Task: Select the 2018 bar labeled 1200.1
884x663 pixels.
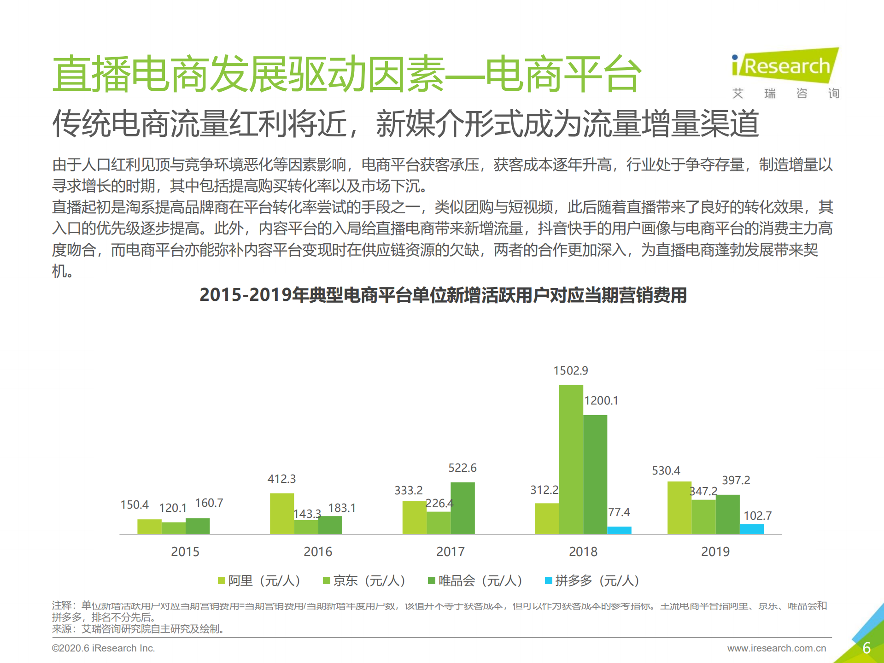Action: pos(595,474)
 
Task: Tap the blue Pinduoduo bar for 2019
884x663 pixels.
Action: pos(751,529)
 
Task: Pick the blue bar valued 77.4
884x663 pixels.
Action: pos(619,530)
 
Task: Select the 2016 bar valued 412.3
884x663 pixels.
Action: pos(282,513)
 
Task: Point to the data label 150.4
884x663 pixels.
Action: pos(135,505)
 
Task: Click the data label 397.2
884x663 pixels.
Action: pos(736,480)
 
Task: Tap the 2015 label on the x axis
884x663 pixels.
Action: pos(185,552)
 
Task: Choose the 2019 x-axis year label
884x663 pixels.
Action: pos(715,552)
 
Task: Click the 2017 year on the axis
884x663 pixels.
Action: pos(451,552)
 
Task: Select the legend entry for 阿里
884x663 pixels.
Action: pos(259,581)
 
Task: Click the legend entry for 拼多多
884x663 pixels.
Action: pos(592,581)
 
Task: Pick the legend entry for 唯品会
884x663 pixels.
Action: pos(475,581)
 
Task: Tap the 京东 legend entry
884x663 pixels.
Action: pos(364,581)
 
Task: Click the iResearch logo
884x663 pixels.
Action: pos(785,67)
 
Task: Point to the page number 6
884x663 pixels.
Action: pos(866,648)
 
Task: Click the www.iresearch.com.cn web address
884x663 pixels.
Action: pos(776,648)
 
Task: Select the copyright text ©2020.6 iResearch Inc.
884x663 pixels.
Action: pos(103,648)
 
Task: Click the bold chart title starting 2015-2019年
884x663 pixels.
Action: pos(443,295)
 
